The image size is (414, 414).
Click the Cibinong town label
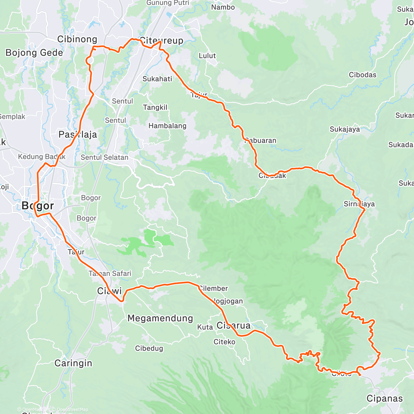77,39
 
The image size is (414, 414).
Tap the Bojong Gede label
34,53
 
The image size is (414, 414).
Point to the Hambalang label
167,126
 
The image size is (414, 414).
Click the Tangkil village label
155,108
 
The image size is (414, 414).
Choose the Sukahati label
157,79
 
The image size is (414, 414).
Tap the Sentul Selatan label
105,157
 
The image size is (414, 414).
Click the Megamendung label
160,318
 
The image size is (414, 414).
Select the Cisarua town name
234,325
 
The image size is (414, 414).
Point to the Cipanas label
384,399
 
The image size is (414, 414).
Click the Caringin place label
73,363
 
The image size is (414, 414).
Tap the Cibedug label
149,348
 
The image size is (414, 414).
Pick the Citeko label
224,342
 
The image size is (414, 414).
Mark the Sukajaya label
345,129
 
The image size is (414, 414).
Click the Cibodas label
363,75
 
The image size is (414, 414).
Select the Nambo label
223,7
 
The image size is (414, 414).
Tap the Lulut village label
207,56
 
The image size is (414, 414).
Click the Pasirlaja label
78,135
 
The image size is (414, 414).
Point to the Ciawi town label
109,291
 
